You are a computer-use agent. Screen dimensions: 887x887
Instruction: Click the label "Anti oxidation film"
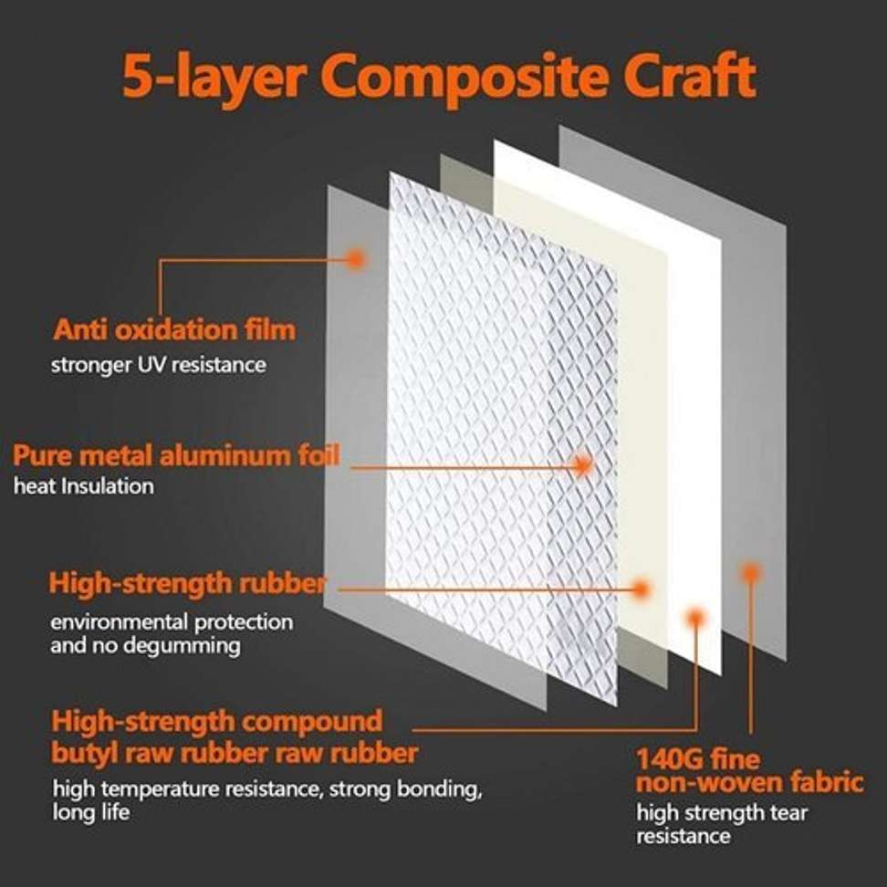174,329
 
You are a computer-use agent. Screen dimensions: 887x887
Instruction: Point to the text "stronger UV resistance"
158,365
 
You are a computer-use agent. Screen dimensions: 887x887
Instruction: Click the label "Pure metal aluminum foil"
176,454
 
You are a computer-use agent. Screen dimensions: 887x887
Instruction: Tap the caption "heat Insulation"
84,485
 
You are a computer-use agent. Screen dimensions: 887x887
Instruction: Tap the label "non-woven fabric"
749,782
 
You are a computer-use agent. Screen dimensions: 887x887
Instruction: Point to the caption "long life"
91,811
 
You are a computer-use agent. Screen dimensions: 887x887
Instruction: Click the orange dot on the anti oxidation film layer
356,258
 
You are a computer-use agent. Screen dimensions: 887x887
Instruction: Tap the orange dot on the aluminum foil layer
582,465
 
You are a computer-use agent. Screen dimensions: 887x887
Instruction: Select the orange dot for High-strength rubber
642,589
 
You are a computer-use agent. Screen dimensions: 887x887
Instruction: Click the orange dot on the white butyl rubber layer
696,618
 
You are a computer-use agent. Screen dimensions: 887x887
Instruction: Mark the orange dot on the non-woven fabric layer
750,573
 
